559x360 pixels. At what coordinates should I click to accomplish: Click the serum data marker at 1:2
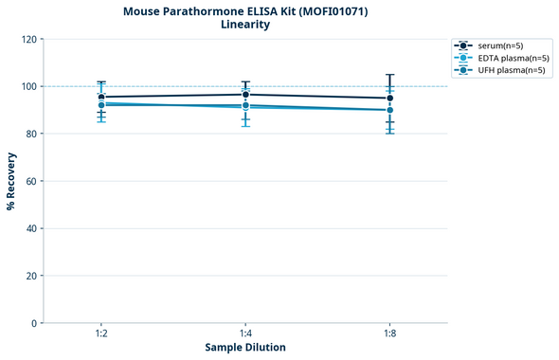click(x=101, y=97)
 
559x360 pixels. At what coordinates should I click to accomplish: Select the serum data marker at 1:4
click(x=245, y=95)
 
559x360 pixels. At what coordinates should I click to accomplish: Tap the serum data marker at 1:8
click(x=389, y=99)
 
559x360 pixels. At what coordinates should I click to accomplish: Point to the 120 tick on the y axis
click(x=29, y=39)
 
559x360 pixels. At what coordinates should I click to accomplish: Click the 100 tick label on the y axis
click(x=29, y=86)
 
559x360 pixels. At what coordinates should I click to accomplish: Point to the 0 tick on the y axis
click(x=35, y=323)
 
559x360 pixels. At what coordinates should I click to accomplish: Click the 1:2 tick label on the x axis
click(x=101, y=334)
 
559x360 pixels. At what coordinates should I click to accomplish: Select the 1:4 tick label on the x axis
click(x=245, y=334)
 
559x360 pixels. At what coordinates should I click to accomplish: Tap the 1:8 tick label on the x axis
click(x=389, y=334)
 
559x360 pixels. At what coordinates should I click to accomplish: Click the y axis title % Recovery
click(x=11, y=181)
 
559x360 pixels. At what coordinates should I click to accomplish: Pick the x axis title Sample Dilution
click(x=245, y=348)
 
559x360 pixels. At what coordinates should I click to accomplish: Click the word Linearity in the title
click(x=245, y=25)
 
